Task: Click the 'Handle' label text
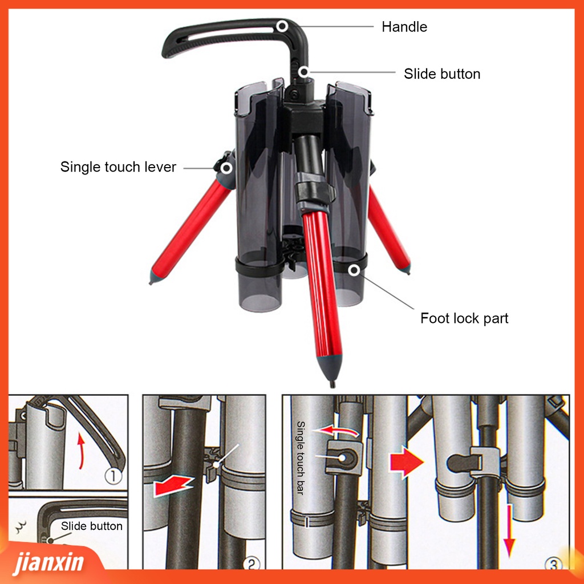pos(404,26)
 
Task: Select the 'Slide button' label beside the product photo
pos(442,74)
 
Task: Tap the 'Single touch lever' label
pos(118,167)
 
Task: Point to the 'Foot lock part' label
pos(464,318)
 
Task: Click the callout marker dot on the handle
pos(282,26)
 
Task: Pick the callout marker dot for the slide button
pos(305,72)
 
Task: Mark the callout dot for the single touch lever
pos(226,168)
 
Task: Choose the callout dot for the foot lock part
pos(355,270)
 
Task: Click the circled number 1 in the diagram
pos(113,476)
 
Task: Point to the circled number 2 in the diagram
pos(252,564)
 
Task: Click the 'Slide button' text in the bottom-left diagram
pos(92,526)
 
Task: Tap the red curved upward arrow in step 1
pos(82,449)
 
